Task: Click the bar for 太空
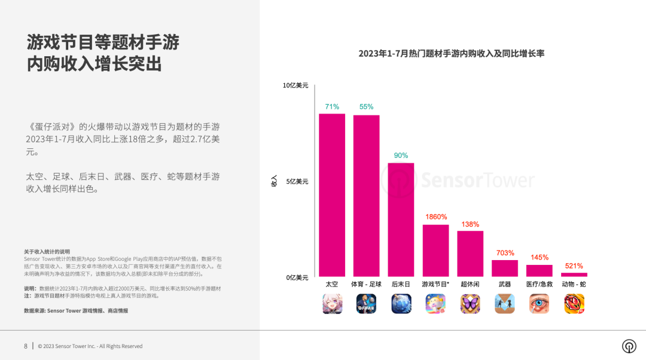331,195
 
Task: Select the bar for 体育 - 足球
366,196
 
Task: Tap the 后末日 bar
401,219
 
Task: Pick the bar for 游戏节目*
435,251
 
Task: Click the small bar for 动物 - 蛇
574,274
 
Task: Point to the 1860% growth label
435,216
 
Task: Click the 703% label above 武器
505,252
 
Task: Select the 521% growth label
574,266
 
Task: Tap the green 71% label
332,106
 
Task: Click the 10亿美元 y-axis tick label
295,86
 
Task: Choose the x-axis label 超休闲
470,284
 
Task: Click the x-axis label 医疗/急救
539,284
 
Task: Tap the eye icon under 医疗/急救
539,304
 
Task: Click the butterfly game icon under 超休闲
470,304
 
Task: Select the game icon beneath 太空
332,304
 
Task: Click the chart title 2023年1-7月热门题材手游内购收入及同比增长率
451,54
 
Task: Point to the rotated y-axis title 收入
274,181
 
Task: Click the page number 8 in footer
26,346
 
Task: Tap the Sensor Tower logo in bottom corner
629,346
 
